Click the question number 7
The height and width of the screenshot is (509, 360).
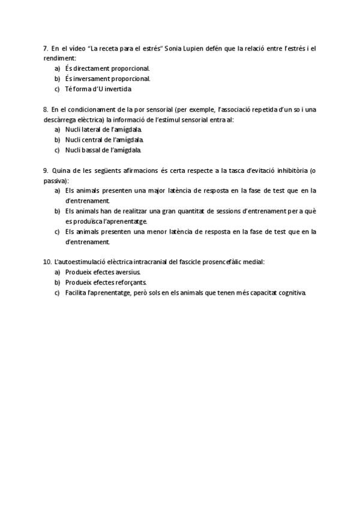click(x=46, y=48)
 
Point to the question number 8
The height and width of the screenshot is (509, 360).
click(x=46, y=109)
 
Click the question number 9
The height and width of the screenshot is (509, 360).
click(x=46, y=170)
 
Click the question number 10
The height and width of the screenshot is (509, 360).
click(x=47, y=262)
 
